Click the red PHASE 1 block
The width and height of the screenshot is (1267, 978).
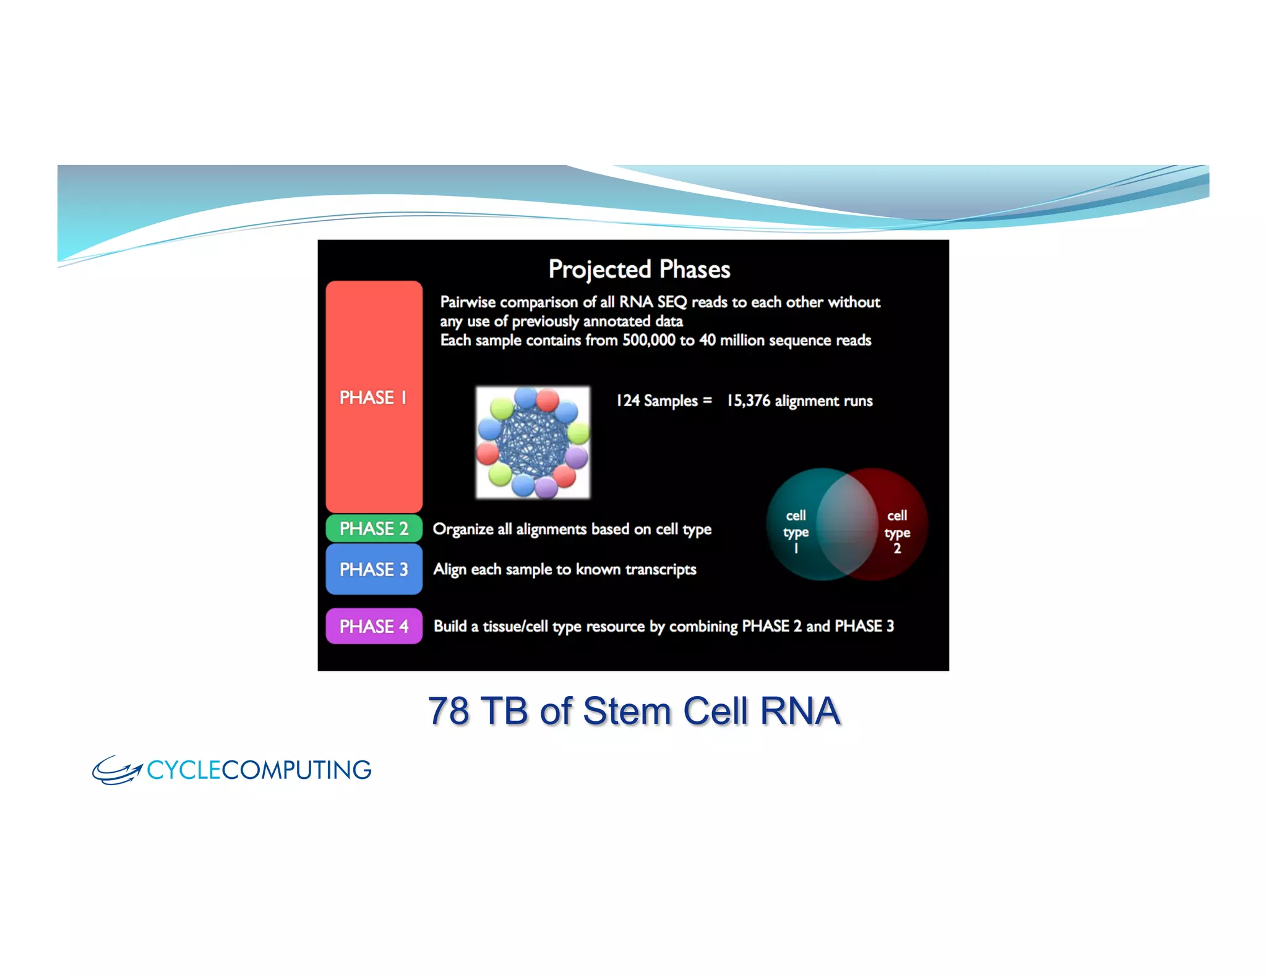coord(374,397)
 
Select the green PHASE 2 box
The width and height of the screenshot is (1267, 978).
coord(374,529)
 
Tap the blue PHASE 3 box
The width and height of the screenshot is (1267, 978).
coord(374,569)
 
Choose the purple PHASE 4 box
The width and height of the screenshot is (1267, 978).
coord(374,626)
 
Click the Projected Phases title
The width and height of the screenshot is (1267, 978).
coord(639,270)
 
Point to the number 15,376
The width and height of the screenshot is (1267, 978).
coord(748,401)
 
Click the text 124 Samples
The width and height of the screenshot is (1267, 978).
coord(656,401)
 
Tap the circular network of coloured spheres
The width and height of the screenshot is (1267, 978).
coord(533,443)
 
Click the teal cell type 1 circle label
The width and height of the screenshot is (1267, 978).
coord(796,532)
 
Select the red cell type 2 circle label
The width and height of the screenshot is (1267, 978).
coord(896,532)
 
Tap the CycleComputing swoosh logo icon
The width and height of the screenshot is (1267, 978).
coord(116,770)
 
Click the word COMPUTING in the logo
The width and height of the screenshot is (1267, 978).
coord(296,770)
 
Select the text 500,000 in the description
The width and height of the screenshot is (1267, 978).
coord(648,341)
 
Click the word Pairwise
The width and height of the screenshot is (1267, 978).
coord(468,302)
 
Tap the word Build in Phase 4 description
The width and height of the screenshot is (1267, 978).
coord(450,626)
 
